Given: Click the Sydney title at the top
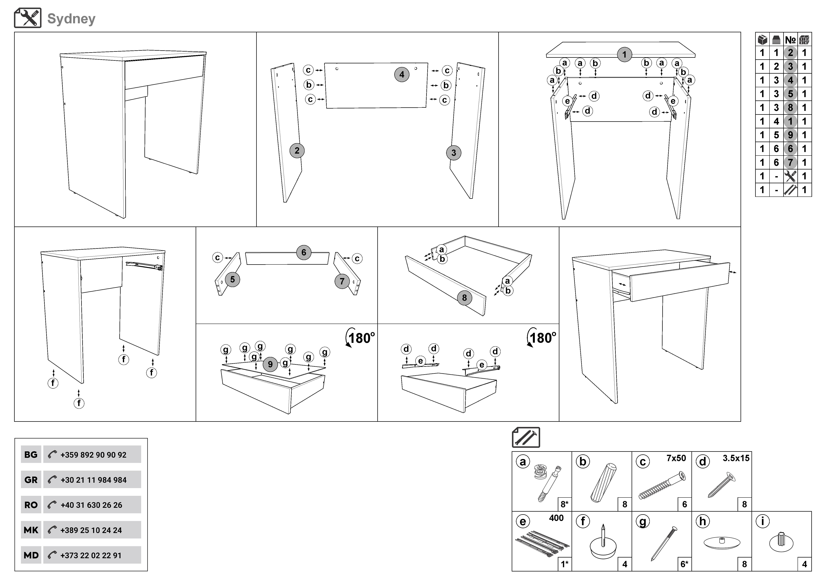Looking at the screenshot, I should click(x=71, y=19).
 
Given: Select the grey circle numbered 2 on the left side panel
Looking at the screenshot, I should click(x=297, y=151).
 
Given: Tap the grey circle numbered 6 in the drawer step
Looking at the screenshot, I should click(x=304, y=252).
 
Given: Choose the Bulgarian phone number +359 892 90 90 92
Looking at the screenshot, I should click(x=93, y=455).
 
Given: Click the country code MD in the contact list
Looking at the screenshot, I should click(x=31, y=555).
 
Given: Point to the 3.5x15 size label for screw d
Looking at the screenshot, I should click(x=736, y=458).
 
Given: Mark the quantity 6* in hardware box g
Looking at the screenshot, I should click(x=684, y=564).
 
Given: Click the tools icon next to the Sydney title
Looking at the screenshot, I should click(x=28, y=18).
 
